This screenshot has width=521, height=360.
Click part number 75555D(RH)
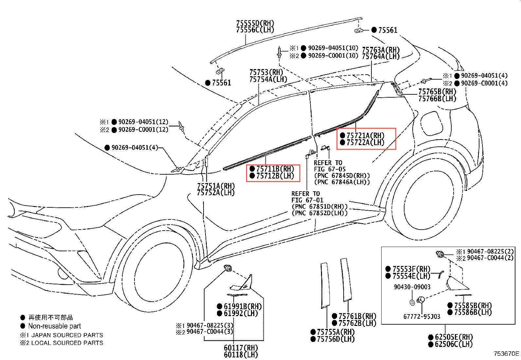click(255, 23)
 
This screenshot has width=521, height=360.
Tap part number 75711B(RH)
click(275, 169)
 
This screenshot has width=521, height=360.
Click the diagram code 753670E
click(506, 353)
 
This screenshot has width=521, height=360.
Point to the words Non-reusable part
click(54, 326)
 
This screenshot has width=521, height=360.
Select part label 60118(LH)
click(241, 354)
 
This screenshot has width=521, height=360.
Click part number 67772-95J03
click(422, 316)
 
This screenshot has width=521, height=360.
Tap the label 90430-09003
click(412, 287)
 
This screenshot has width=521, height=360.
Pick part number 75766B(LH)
click(437, 98)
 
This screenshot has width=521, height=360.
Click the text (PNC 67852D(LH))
click(319, 213)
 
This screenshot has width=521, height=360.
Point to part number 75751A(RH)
click(216, 186)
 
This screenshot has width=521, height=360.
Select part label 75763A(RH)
click(381, 50)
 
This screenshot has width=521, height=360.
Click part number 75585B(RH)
click(473, 305)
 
